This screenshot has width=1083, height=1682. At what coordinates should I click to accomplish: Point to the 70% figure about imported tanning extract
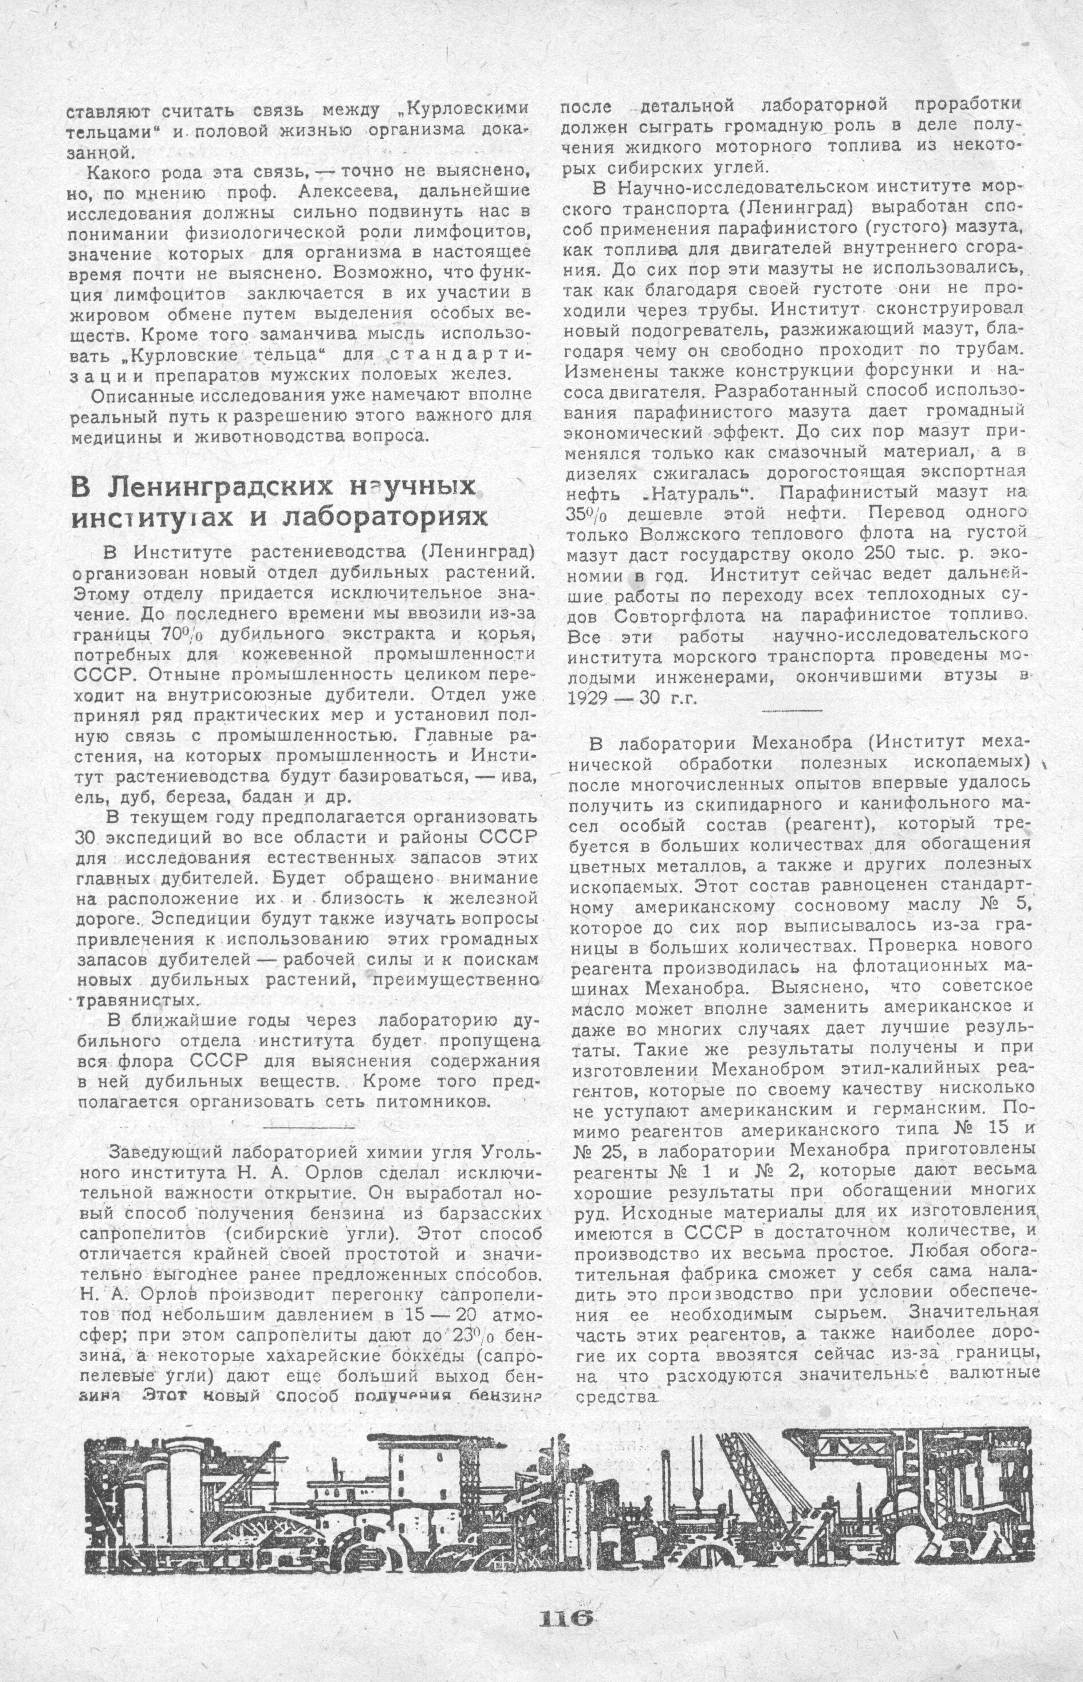pyautogui.click(x=180, y=633)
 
